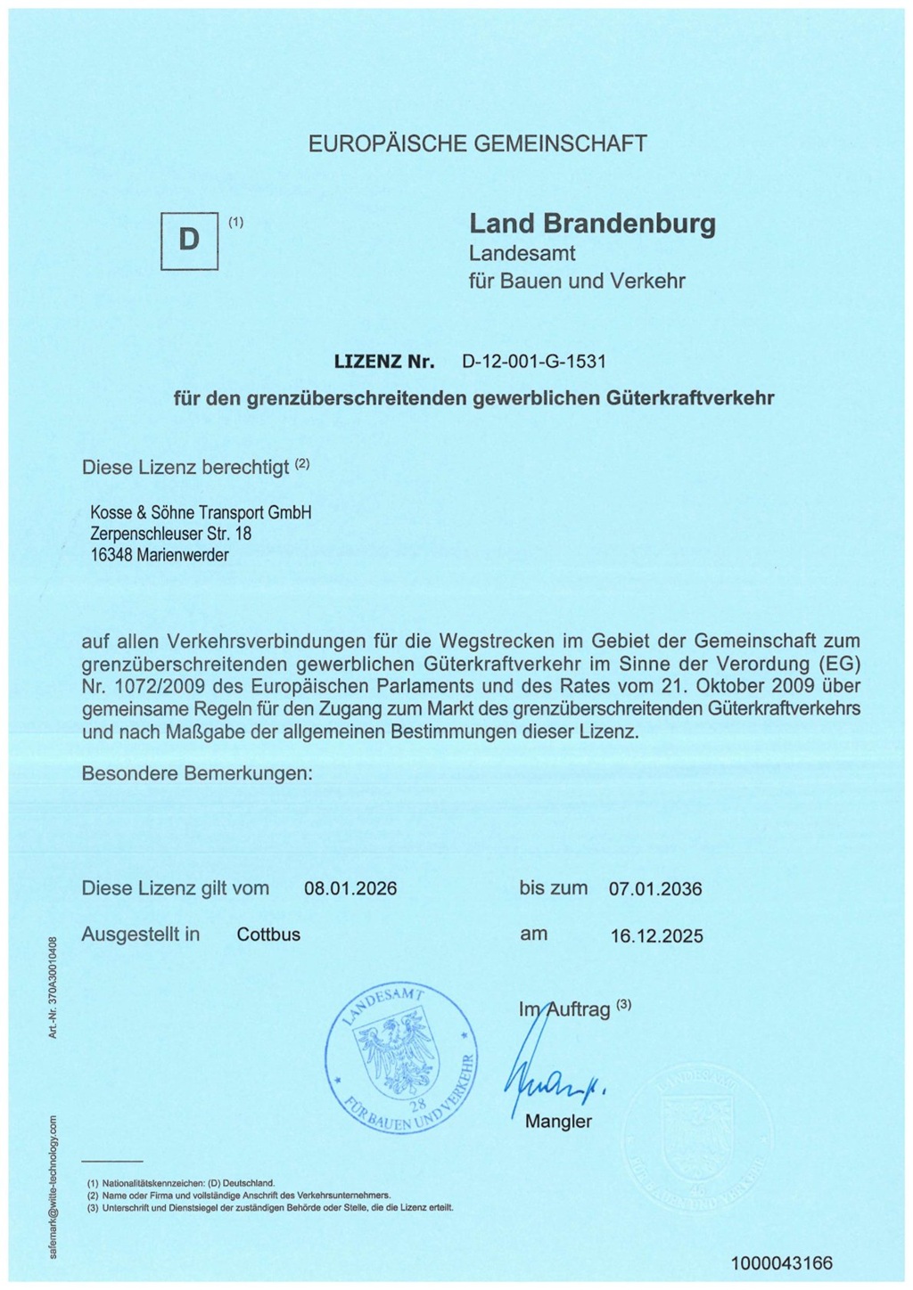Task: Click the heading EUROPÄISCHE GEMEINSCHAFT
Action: pos(477,143)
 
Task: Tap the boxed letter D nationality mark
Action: pos(189,241)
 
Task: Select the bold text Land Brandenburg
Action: pos(592,223)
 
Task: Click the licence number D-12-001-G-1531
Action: pos(533,362)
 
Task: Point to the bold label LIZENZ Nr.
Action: pos(384,362)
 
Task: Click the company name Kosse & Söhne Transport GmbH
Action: pos(201,512)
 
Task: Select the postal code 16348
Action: pos(111,555)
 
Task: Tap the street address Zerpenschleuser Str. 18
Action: pos(171,534)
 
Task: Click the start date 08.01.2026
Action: pos(350,889)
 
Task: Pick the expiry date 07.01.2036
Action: pos(655,889)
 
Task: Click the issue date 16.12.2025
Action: pos(656,936)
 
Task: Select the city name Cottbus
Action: pos(268,935)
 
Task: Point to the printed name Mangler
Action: pos(558,1122)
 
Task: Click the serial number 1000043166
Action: pos(781,1263)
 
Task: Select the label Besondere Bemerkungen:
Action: pos(197,773)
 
